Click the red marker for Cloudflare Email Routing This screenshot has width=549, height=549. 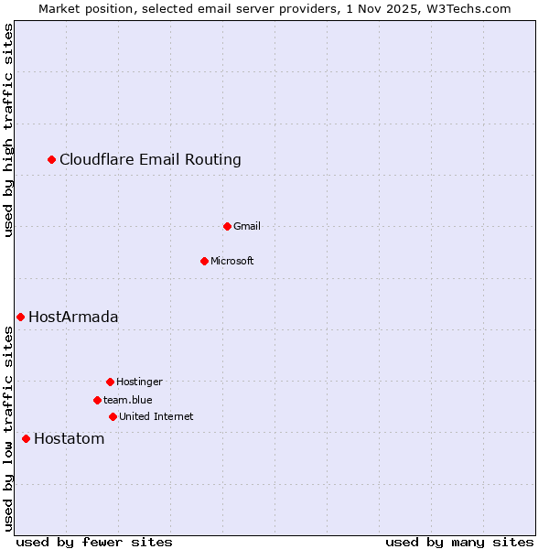(x=52, y=160)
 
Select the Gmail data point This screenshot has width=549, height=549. (x=227, y=226)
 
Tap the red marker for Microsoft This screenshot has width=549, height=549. (x=204, y=261)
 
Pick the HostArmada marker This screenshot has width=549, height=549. (x=20, y=317)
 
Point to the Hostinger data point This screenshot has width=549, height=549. (x=110, y=382)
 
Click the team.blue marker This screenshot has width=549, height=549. (x=97, y=400)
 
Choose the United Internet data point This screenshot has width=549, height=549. (x=113, y=416)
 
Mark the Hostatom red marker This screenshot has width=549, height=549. (x=26, y=438)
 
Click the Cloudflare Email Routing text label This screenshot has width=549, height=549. (x=150, y=160)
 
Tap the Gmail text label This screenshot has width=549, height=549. (x=247, y=226)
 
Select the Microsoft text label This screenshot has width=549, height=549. (x=231, y=261)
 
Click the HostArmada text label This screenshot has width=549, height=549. (x=73, y=318)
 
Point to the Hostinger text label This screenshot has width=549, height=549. (x=139, y=382)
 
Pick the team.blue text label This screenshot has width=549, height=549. (x=128, y=400)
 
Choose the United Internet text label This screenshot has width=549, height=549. (x=156, y=416)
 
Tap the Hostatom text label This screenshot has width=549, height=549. (x=69, y=439)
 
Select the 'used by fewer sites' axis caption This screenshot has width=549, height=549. (x=94, y=542)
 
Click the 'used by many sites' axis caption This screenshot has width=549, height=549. (x=459, y=542)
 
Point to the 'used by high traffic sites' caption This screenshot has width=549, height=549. (x=9, y=130)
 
